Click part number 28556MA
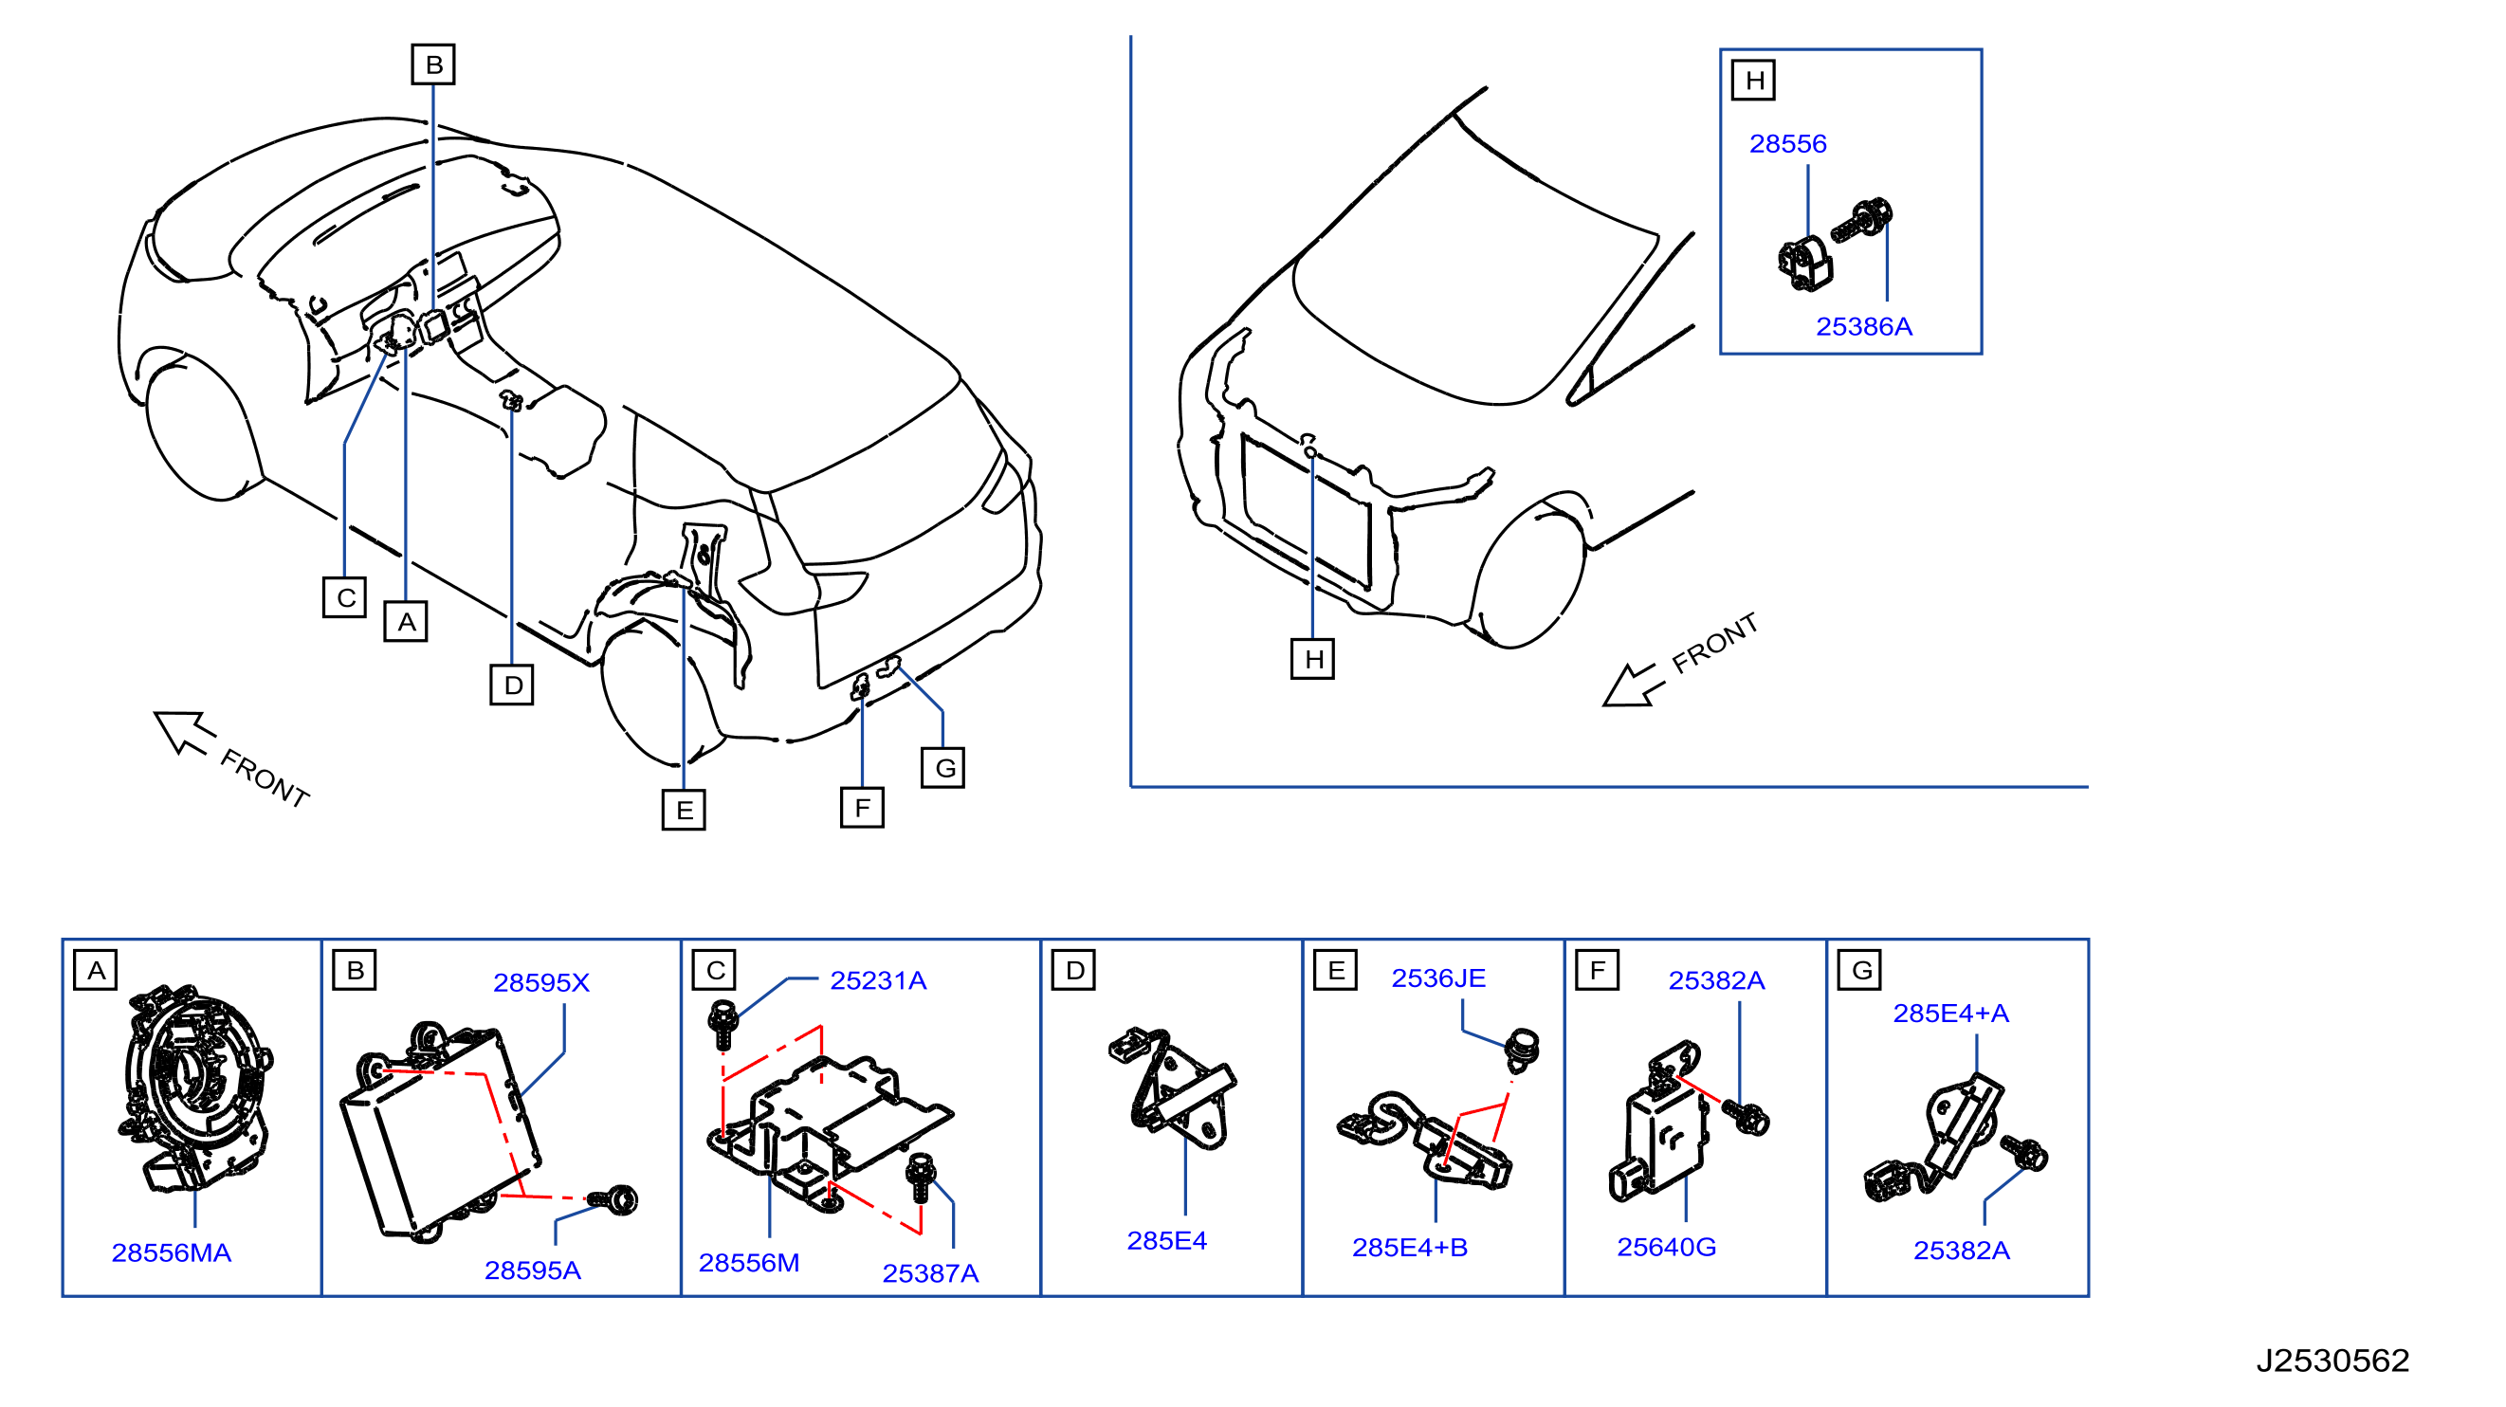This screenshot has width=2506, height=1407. (x=172, y=1252)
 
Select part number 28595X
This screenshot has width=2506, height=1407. (x=540, y=983)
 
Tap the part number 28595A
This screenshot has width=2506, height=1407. (x=532, y=1270)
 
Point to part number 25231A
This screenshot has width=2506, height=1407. (x=877, y=979)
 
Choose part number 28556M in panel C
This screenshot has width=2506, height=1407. (x=749, y=1262)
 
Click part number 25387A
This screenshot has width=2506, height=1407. (x=930, y=1272)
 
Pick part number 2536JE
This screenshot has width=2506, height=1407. (x=1437, y=978)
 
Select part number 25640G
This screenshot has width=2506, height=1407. (x=1666, y=1247)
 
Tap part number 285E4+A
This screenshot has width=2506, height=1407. (x=1950, y=1013)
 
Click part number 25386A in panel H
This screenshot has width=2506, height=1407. (x=1864, y=326)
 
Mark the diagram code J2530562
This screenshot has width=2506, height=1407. (x=2332, y=1360)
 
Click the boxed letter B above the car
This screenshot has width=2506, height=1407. (x=434, y=64)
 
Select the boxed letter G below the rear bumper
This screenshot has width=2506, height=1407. (x=943, y=768)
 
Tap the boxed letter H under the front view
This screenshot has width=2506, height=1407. (x=1312, y=659)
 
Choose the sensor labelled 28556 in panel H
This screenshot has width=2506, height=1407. (x=1804, y=264)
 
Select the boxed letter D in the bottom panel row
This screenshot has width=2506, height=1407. (x=1074, y=970)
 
